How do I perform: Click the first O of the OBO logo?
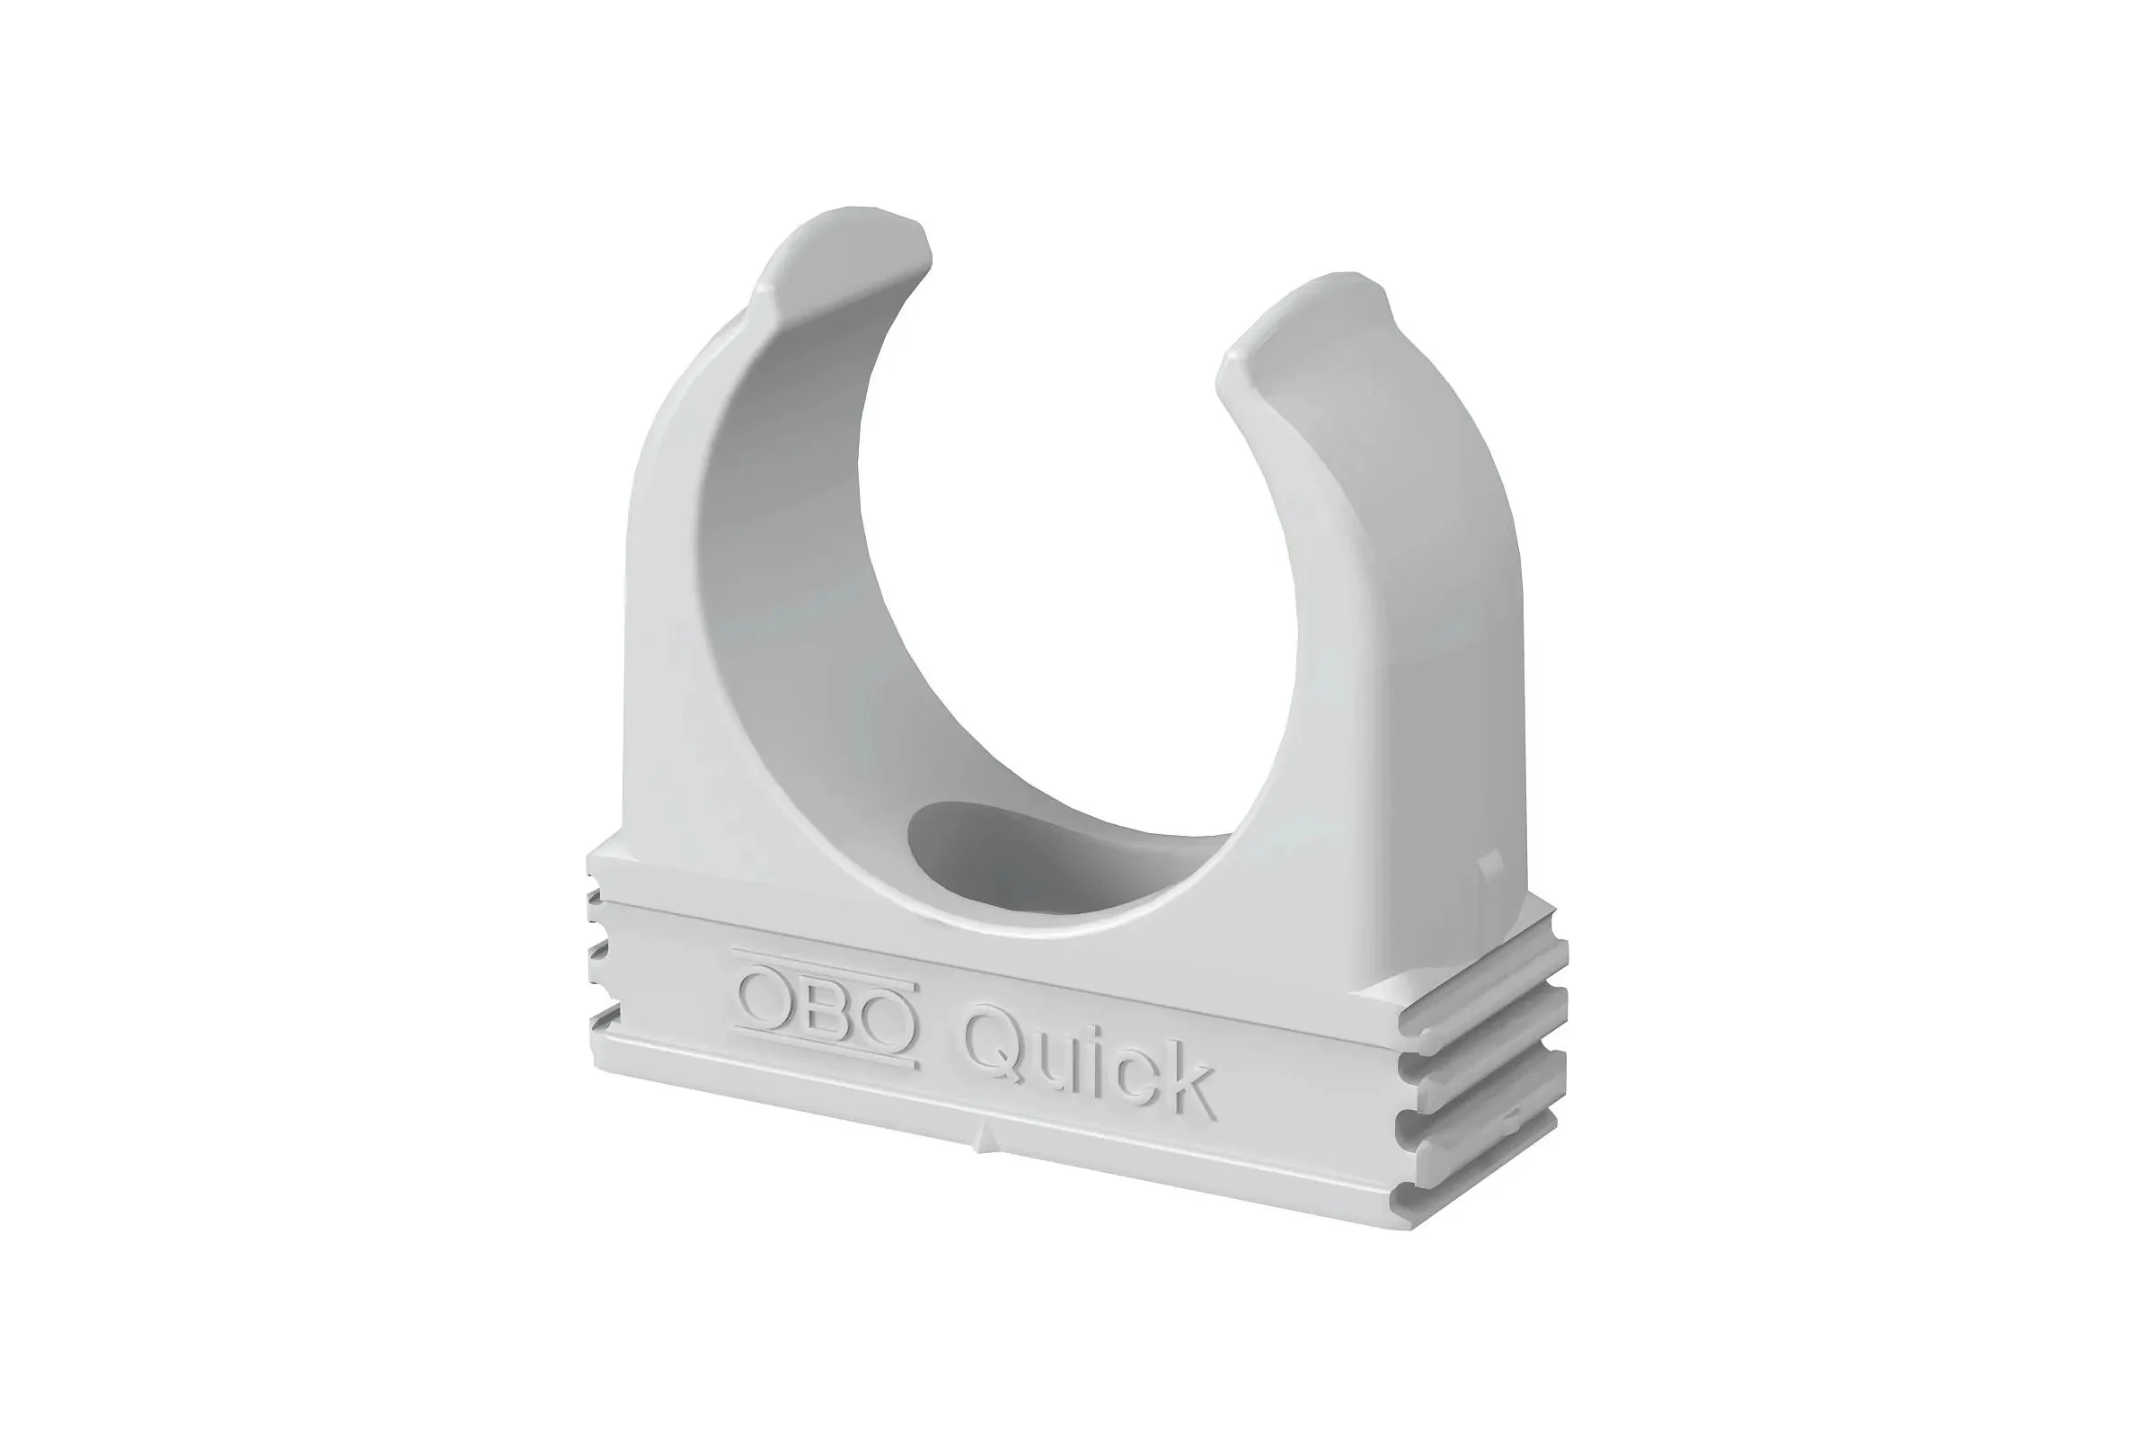point(767,999)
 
